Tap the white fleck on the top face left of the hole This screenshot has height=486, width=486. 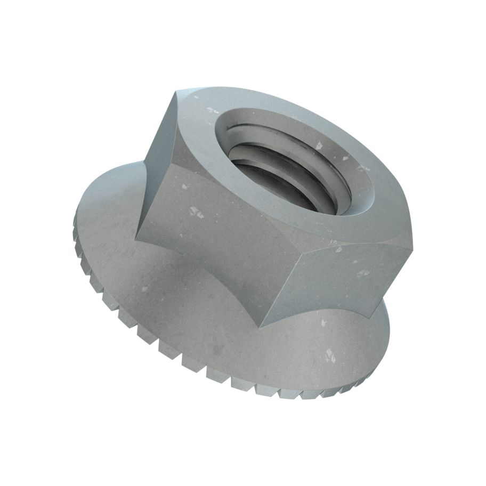pyautogui.click(x=213, y=111)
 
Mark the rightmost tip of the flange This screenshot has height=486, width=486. pyautogui.click(x=390, y=333)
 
